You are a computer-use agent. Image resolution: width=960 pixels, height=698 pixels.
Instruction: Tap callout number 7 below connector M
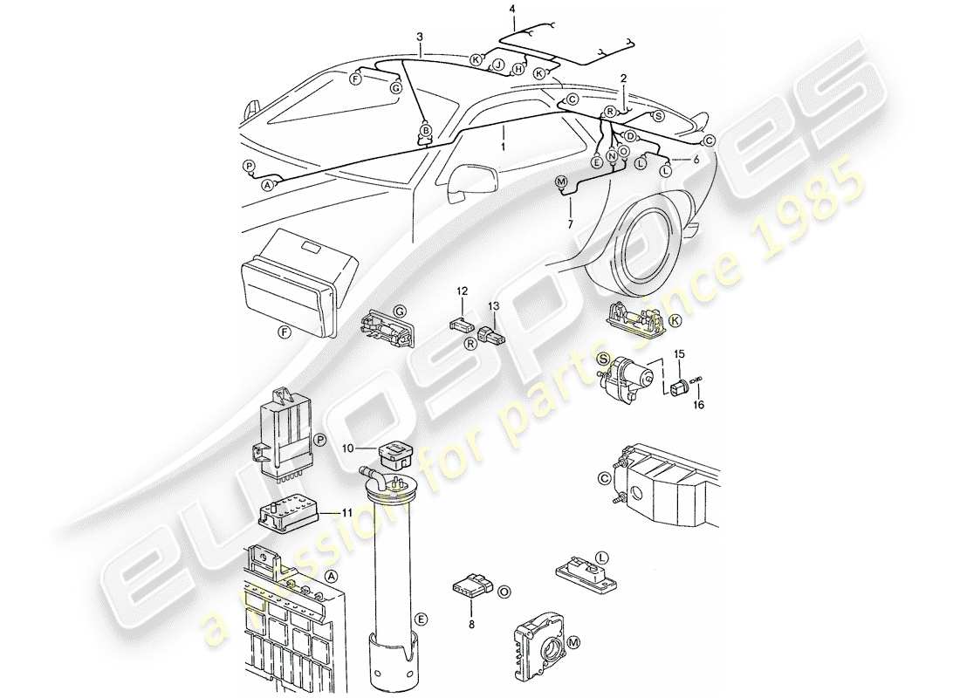pos(569,224)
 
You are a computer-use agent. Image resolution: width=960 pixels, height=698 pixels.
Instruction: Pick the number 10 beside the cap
pos(347,448)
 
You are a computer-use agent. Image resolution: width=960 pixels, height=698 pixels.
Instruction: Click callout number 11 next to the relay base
pos(347,513)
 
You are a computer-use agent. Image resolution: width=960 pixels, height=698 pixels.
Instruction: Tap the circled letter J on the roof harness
pos(498,65)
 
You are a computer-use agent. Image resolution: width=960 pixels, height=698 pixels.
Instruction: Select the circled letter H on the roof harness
pos(518,69)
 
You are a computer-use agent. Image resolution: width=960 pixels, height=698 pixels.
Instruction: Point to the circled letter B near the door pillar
pos(426,131)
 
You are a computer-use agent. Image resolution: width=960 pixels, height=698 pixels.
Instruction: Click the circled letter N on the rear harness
pos(612,154)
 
